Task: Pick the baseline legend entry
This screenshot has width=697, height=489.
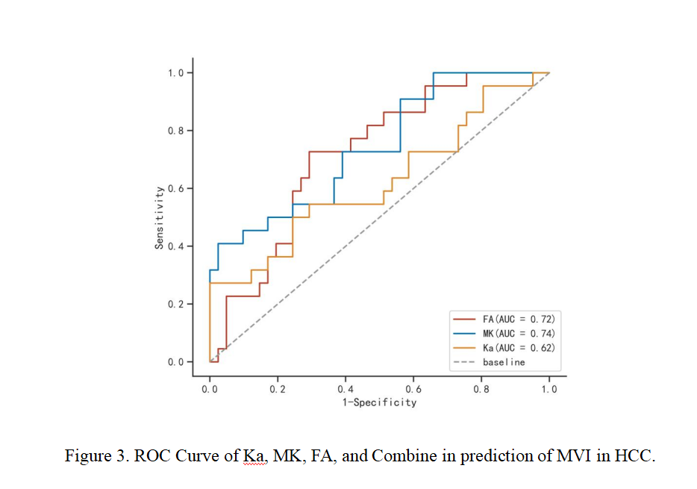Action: point(504,362)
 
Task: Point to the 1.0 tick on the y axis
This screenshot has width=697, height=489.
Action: point(175,73)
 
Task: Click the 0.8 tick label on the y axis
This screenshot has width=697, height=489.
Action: point(175,131)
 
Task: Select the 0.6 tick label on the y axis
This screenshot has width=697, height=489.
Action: point(175,189)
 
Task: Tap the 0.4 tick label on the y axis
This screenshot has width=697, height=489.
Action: point(175,246)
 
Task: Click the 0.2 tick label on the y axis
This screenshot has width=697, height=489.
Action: point(175,305)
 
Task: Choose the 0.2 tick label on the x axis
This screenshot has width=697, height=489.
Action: point(278,389)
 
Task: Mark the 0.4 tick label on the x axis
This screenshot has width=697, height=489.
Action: point(346,389)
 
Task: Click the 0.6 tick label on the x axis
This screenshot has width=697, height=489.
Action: point(413,389)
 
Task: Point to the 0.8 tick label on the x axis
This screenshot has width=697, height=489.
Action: point(481,389)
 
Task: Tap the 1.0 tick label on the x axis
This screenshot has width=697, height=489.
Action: point(549,389)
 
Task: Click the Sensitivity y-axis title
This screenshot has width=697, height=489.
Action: point(160,217)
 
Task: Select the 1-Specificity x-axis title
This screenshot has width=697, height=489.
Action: point(379,403)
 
